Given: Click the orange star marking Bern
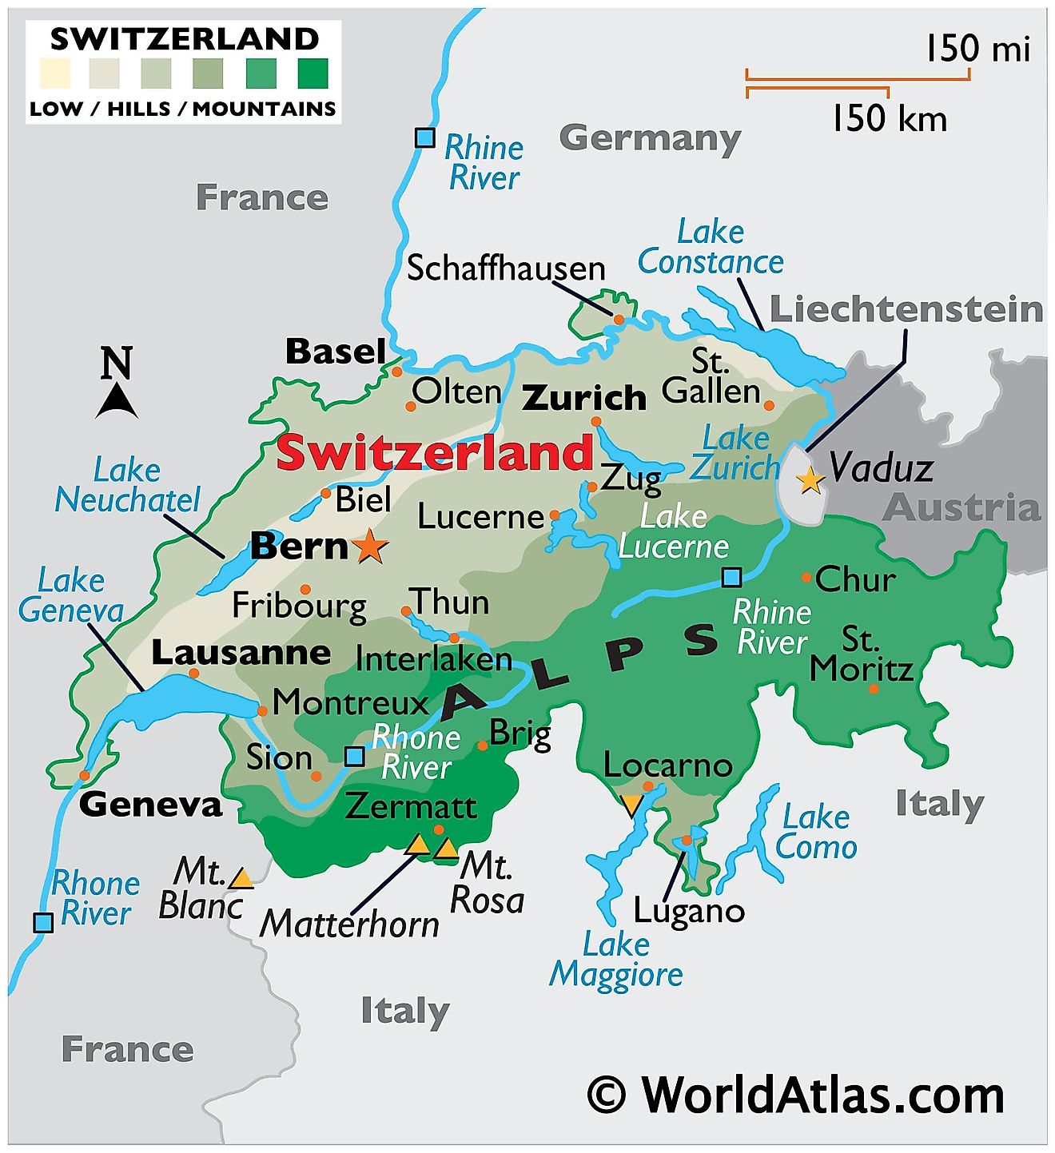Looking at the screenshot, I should (x=370, y=547).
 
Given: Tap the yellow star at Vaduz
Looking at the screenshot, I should (x=810, y=480).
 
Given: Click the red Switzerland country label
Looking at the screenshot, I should (x=435, y=453).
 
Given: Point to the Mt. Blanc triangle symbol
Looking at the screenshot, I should (x=241, y=880).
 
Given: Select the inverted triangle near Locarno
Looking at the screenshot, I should (x=631, y=804).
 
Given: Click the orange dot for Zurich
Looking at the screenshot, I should (x=595, y=422).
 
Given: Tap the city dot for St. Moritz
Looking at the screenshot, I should (x=874, y=688).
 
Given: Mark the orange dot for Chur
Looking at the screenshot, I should (x=806, y=577).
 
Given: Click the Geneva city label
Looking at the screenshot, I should (x=150, y=804).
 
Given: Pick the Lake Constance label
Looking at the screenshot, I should (x=710, y=247).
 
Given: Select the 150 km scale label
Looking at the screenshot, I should (x=889, y=119).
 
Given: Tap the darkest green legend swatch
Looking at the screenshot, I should (x=313, y=74).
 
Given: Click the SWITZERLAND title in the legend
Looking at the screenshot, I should (x=184, y=38).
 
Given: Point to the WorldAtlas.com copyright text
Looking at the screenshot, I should (x=796, y=1095).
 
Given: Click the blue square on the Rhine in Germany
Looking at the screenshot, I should (x=425, y=137).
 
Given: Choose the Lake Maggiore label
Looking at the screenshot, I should (x=615, y=959).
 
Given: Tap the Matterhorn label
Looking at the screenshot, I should (x=349, y=924).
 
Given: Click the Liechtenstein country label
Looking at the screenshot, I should (x=906, y=310).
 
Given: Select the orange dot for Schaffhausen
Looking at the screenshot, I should (x=619, y=320).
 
